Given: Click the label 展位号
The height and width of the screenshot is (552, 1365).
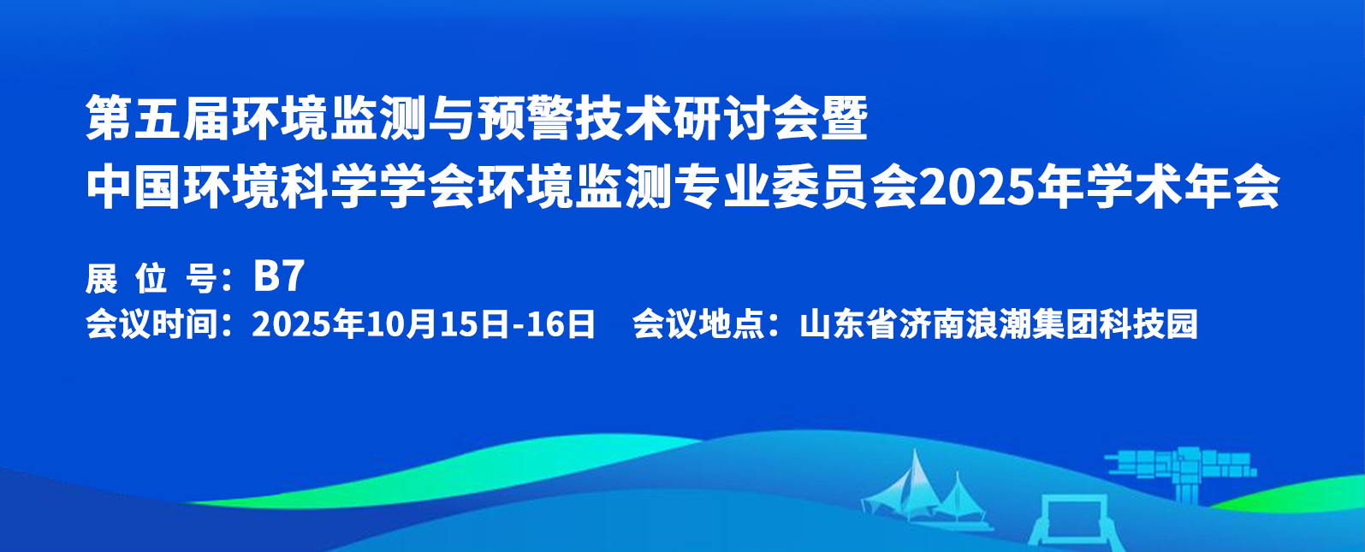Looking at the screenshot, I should (x=151, y=279).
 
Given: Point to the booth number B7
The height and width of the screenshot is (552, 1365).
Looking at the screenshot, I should (x=279, y=276).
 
